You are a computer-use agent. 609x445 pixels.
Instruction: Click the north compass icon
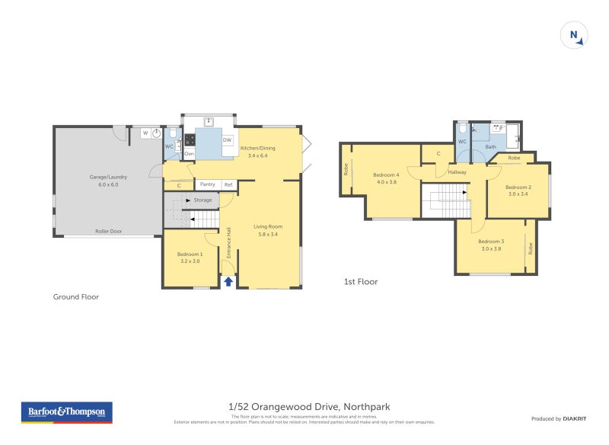(575, 35)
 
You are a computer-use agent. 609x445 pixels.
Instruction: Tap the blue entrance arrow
(228, 282)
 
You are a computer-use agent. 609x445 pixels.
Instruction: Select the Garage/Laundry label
(108, 177)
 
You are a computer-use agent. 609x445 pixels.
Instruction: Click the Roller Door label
(108, 230)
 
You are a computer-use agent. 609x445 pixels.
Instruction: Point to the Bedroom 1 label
(190, 254)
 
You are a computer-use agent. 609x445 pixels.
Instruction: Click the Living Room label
(269, 226)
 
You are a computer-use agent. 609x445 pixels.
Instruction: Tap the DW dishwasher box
(227, 139)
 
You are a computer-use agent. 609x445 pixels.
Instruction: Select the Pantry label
(207, 184)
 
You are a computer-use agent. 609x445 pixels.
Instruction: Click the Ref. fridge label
(228, 184)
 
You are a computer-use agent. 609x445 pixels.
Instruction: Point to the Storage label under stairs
(202, 200)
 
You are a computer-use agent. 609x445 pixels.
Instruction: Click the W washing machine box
(145, 133)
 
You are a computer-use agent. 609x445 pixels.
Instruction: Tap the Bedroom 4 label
(386, 175)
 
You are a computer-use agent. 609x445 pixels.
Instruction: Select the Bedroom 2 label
(518, 187)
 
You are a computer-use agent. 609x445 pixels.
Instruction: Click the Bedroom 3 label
(491, 241)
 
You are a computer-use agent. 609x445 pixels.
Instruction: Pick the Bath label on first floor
(491, 146)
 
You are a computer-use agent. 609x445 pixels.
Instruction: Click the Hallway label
(457, 172)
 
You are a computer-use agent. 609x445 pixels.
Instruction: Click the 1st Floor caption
(360, 282)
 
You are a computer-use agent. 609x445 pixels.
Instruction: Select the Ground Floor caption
(75, 297)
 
